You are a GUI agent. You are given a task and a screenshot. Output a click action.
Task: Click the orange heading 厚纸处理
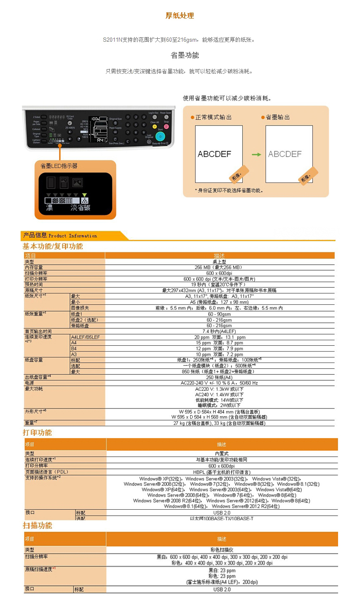(180, 16)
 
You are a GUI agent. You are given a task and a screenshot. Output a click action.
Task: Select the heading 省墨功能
(185, 55)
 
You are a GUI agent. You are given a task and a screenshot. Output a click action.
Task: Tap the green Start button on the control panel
(160, 136)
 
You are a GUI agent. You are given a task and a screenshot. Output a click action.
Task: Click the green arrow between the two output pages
(256, 155)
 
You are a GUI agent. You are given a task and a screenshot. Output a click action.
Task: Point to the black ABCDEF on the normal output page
(215, 154)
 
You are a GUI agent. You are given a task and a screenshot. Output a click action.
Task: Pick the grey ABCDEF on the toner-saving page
(285, 154)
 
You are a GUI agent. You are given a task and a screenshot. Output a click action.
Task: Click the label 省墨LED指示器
(59, 166)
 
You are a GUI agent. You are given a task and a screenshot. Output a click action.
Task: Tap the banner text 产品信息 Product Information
(60, 235)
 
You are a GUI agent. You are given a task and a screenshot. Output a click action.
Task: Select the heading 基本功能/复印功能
(53, 246)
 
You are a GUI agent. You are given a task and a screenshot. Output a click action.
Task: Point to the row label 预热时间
(34, 285)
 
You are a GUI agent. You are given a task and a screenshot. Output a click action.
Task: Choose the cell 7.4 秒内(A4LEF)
(219, 331)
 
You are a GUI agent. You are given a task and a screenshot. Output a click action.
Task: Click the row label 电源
(30, 383)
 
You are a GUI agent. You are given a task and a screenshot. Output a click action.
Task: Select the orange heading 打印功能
(38, 433)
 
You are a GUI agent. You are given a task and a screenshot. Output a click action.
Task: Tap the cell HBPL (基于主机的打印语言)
(222, 472)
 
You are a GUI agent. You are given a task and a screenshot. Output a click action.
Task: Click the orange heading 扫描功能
(38, 525)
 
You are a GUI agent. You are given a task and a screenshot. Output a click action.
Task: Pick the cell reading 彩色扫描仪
(222, 550)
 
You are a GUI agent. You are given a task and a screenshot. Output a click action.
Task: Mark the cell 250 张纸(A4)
(219, 377)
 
